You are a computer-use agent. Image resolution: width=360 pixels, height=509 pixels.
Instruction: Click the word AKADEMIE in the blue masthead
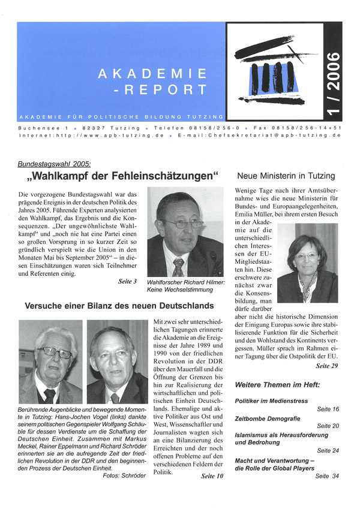coord(152,74)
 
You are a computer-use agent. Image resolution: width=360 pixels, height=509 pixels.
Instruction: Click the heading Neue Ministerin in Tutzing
coord(286,176)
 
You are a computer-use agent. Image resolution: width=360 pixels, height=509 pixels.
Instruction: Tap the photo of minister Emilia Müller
coord(307,261)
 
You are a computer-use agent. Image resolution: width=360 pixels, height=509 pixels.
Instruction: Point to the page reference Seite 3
coord(127,281)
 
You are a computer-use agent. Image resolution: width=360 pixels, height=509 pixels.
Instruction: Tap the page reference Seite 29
coord(326,365)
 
